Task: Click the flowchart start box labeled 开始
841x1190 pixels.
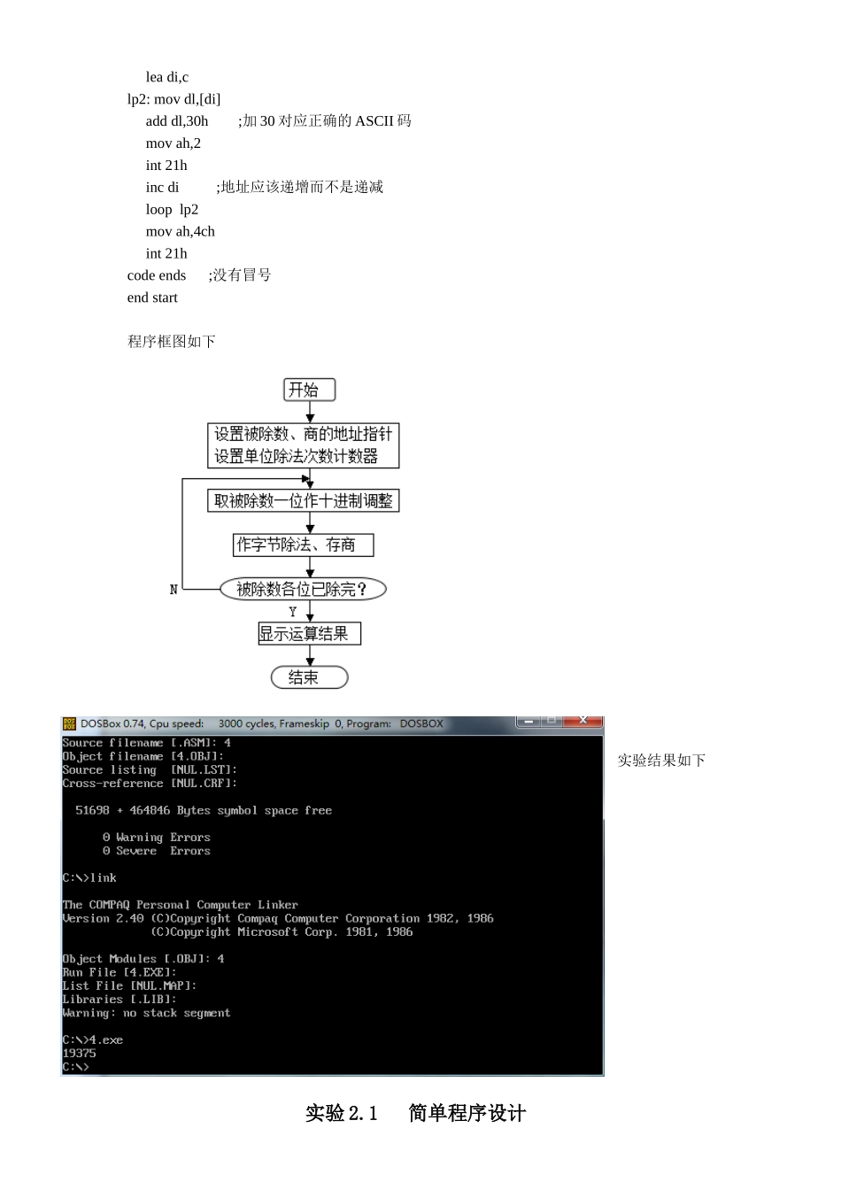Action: click(309, 390)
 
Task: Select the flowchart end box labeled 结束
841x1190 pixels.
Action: click(309, 677)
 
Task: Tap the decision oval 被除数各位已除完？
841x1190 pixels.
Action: click(303, 589)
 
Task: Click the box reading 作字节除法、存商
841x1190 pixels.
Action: click(303, 545)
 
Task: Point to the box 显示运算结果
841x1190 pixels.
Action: click(309, 633)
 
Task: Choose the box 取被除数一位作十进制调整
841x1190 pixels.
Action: click(303, 501)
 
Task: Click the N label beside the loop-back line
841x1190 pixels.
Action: click(174, 590)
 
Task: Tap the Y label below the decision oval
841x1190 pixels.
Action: click(293, 612)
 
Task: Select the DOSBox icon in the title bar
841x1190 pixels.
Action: click(69, 723)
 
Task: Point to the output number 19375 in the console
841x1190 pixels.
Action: click(80, 1053)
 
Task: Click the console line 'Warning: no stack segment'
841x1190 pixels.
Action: click(146, 1013)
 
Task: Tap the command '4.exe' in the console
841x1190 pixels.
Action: click(106, 1039)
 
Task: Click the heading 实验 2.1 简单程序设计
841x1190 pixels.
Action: click(415, 1113)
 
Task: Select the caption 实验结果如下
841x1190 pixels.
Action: click(661, 760)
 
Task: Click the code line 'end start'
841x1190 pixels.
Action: click(152, 297)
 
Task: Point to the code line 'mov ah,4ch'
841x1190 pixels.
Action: click(181, 231)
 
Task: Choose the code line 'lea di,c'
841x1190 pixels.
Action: click(167, 77)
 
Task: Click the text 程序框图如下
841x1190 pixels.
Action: click(172, 341)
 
